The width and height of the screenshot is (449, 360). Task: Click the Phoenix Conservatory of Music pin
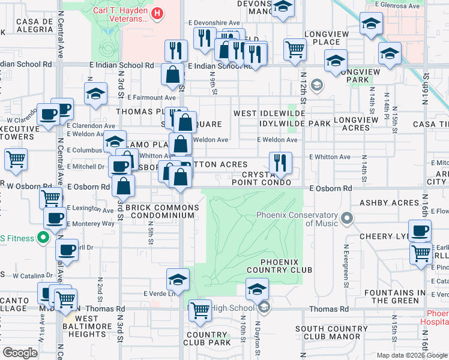346,217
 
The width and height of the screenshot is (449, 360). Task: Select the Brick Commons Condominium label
161,212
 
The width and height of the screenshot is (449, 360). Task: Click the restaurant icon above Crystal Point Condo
280,162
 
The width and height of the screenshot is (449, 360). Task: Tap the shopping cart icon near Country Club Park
200,310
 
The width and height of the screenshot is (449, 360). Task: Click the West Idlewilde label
270,113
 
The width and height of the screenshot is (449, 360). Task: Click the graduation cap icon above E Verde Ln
178,279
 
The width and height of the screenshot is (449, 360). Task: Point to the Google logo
19,353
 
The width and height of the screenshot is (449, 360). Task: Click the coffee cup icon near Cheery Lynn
421,230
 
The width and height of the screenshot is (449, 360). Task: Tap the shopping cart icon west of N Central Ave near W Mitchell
16,160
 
